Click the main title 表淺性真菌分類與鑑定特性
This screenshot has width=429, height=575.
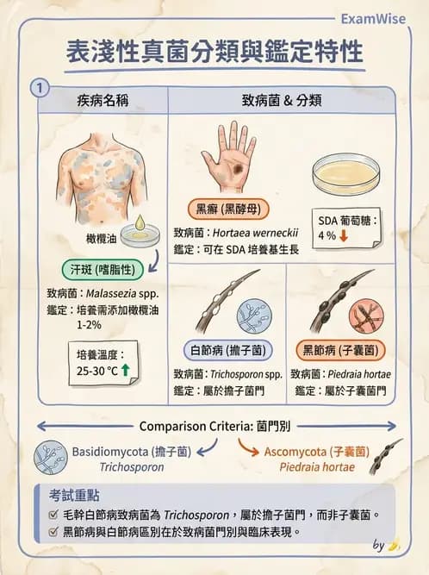pyautogui.click(x=215, y=51)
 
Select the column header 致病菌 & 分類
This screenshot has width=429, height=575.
pyautogui.click(x=282, y=100)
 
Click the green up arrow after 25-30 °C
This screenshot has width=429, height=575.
pyautogui.click(x=125, y=370)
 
